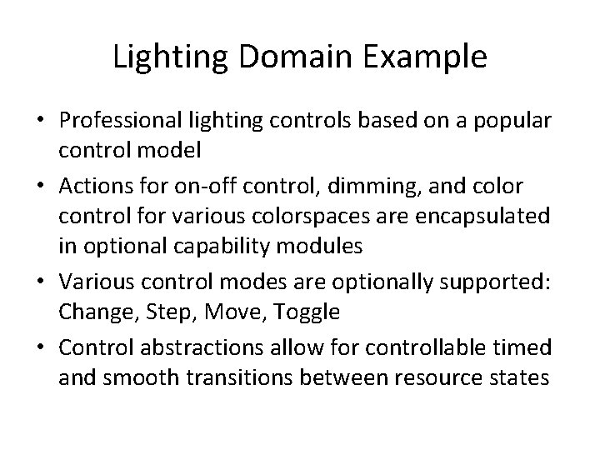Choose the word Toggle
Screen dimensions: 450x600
tap(312, 312)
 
